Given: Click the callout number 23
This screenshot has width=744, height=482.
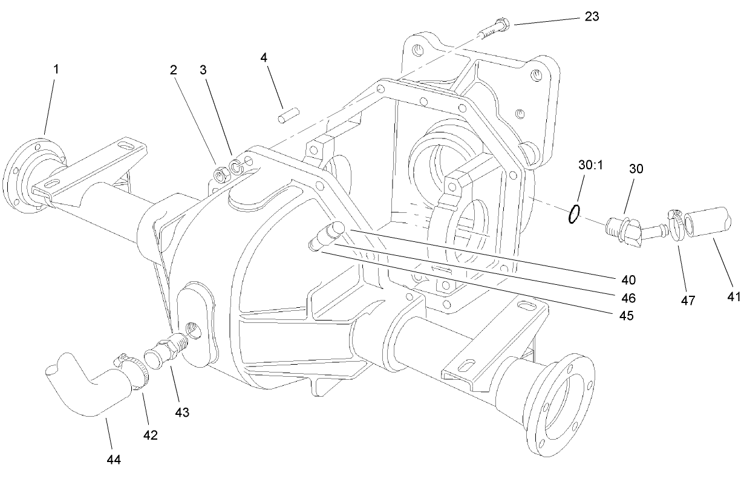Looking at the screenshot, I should pos(592,16).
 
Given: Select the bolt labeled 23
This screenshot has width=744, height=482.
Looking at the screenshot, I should pos(495,28).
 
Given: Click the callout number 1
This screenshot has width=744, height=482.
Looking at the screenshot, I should pos(56,69).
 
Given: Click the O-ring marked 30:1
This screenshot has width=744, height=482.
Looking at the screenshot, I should pos(575,213).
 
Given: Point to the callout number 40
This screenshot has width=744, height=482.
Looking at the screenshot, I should pos(628,280).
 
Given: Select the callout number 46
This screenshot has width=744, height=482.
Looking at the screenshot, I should pos(628,298).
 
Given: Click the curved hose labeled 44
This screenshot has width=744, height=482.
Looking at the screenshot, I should pos(85,387).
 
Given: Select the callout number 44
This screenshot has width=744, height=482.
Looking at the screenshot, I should pos(114,460).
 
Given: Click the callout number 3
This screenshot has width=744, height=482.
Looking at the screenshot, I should pos(203,70).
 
